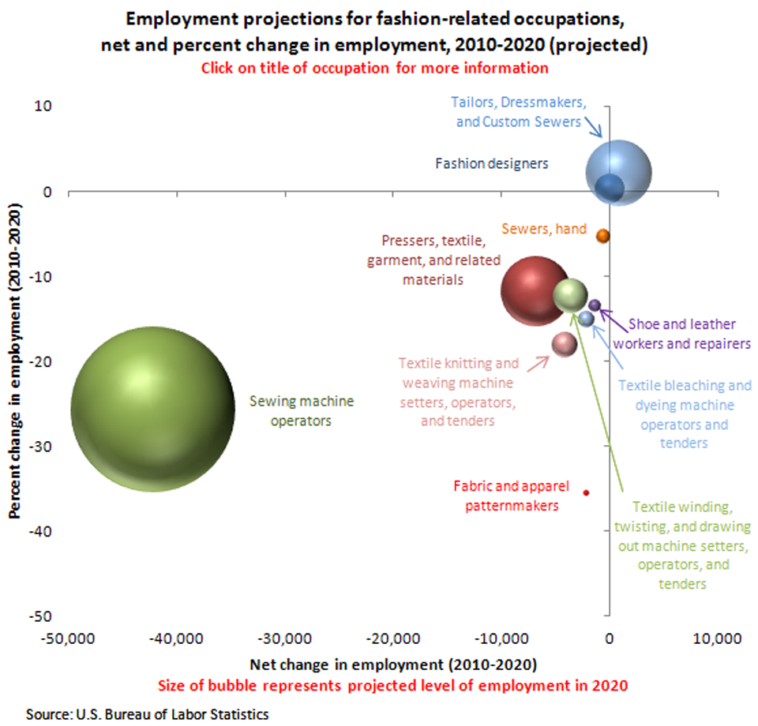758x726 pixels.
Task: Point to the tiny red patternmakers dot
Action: tap(586, 492)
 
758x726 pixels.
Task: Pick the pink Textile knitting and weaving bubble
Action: tap(565, 343)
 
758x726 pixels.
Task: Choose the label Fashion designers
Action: tap(491, 163)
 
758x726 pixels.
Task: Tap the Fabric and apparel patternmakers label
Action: tap(506, 495)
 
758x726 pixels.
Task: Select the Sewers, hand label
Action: tap(545, 229)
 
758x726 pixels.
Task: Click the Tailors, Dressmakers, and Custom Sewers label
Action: tap(517, 112)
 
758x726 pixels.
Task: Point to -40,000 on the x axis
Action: tap(175, 637)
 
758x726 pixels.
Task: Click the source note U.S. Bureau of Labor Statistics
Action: tap(148, 713)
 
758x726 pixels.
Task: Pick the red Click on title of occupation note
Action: tap(374, 68)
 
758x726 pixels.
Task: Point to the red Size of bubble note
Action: tap(393, 684)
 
